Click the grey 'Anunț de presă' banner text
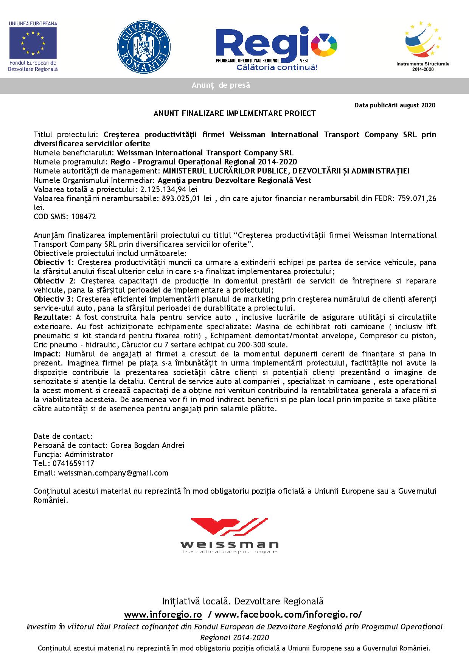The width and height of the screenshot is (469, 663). click(221, 85)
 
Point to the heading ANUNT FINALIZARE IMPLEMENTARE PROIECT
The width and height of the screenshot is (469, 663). click(234, 113)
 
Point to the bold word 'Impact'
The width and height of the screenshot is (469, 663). click(47, 354)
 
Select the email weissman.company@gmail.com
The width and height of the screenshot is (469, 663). click(113, 473)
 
